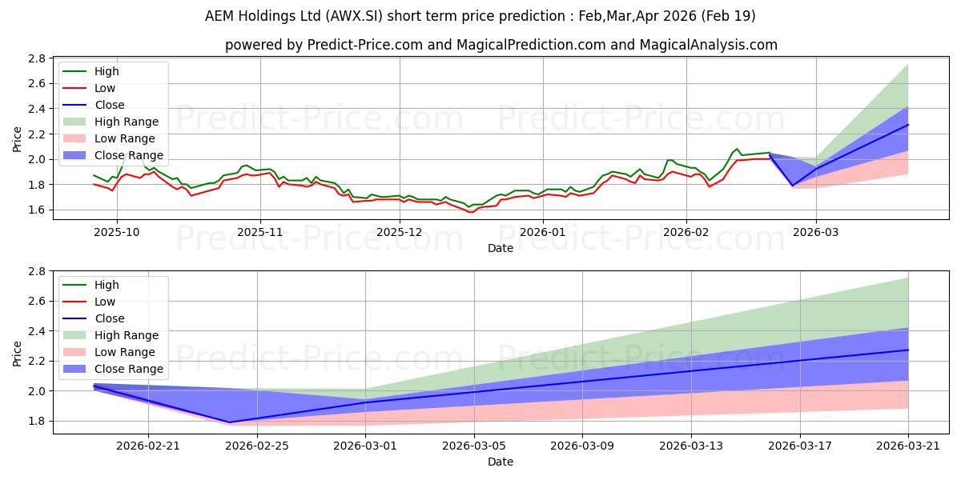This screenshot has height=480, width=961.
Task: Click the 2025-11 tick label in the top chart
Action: [x=260, y=232]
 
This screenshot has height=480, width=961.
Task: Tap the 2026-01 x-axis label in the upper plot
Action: [x=543, y=232]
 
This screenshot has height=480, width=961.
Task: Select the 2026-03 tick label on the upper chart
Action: [x=815, y=232]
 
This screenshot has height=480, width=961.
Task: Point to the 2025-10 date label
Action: [x=117, y=232]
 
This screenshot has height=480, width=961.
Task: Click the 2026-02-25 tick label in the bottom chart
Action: [x=257, y=446]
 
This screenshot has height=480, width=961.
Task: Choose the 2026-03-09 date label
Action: [x=582, y=446]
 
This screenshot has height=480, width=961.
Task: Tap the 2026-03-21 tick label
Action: [x=908, y=446]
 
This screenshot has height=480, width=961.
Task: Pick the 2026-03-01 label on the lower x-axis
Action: [x=365, y=446]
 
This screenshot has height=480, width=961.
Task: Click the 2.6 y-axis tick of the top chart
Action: [x=37, y=83]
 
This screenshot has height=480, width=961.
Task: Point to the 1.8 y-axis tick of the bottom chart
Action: [x=37, y=422]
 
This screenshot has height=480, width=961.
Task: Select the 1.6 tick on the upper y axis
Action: [x=37, y=210]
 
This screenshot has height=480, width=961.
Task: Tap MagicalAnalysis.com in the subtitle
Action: [x=708, y=45]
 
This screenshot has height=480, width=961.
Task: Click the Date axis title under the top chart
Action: [x=501, y=249]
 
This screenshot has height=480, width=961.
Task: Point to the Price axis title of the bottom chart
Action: [x=17, y=354]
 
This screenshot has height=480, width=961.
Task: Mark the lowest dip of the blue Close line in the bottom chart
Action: [x=230, y=422]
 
